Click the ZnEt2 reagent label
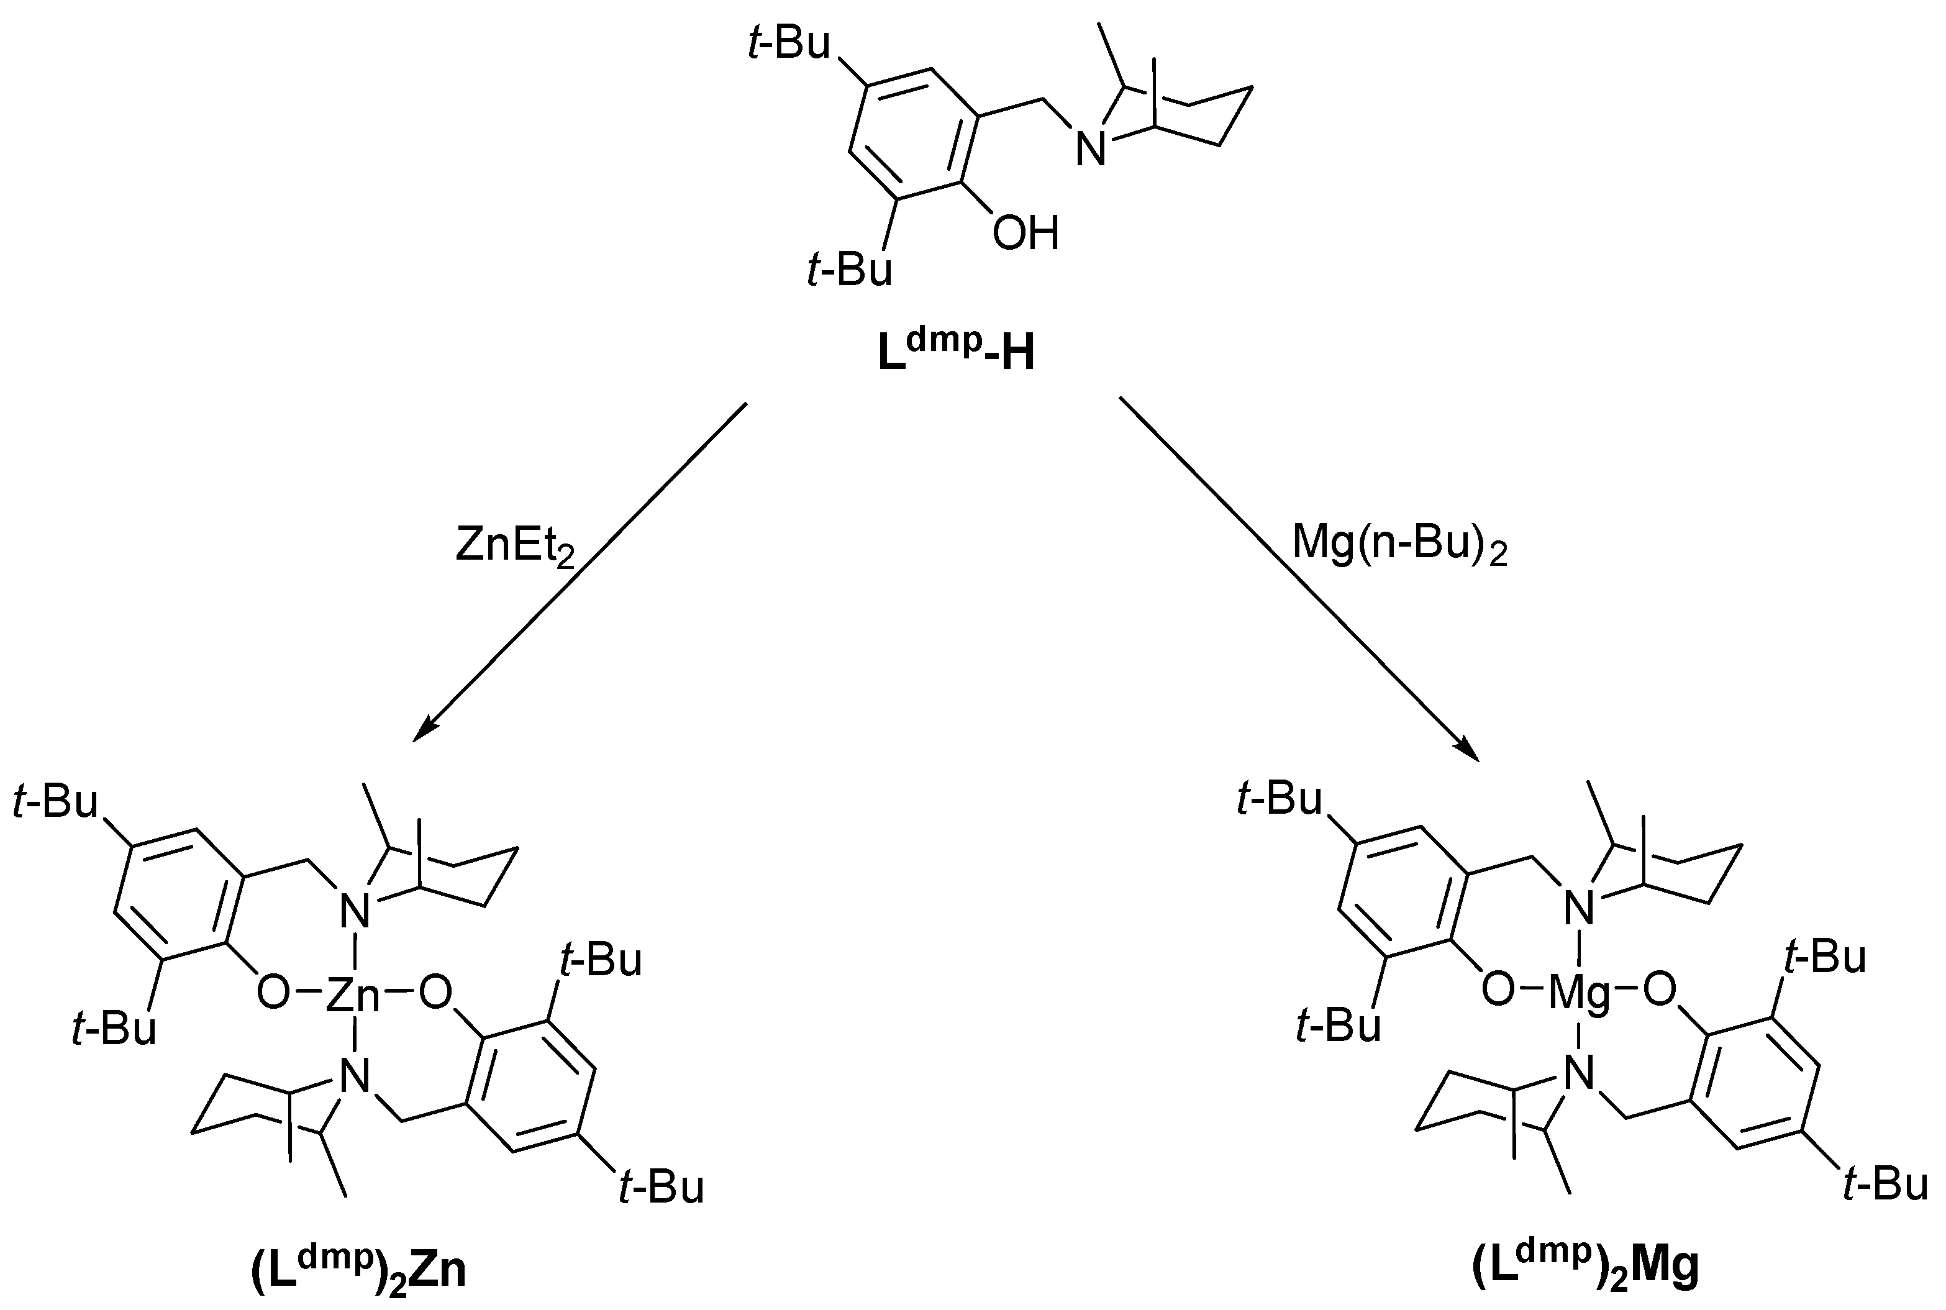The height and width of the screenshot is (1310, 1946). (x=514, y=548)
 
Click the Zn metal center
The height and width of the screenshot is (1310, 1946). (x=352, y=995)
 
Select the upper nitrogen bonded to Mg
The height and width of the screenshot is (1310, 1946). (x=1578, y=909)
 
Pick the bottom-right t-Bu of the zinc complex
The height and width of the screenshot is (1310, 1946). (x=662, y=1186)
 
